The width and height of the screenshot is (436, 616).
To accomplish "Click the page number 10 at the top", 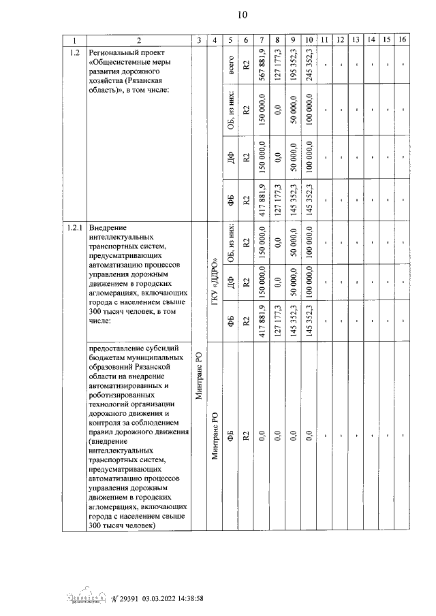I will pos(242,15).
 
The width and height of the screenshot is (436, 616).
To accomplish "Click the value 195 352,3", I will pos(293,64).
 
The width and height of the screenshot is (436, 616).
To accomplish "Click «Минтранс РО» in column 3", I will pos(198,375).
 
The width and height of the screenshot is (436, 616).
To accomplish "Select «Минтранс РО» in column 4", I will pos(215,436).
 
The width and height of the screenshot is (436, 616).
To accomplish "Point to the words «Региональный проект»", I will pos(127,52).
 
